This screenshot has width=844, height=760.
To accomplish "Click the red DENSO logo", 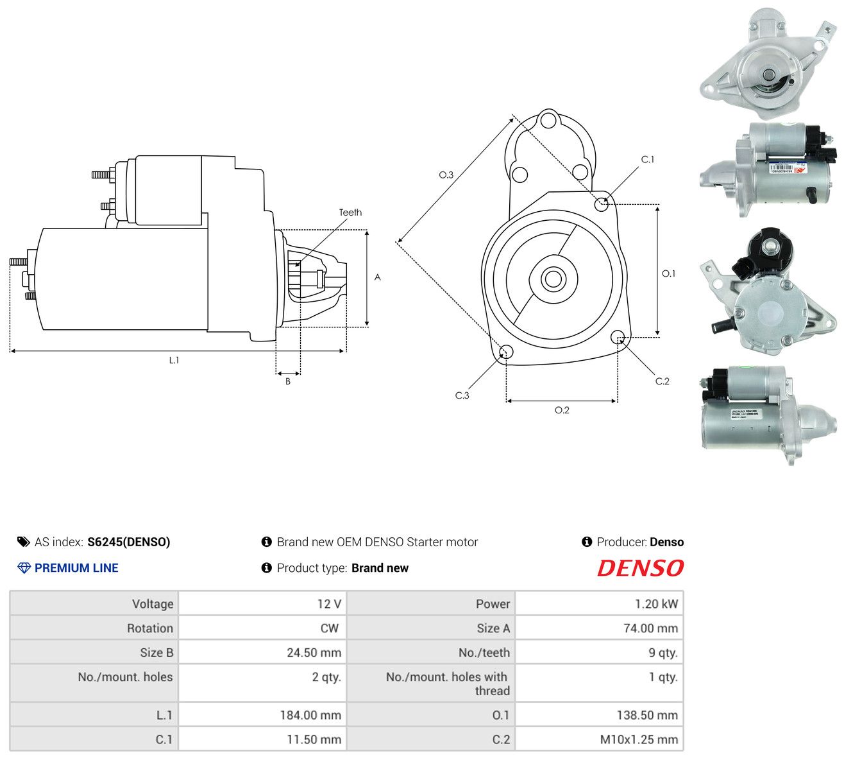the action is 640,568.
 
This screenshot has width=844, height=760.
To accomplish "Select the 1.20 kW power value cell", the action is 600,604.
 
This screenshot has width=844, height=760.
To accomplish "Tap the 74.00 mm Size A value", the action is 650,628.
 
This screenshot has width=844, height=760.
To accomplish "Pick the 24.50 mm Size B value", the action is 314,653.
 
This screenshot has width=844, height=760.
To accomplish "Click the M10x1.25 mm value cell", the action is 600,739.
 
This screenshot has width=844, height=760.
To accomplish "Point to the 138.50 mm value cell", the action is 600,715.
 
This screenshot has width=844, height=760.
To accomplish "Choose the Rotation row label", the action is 150,628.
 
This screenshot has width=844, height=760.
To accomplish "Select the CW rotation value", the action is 330,628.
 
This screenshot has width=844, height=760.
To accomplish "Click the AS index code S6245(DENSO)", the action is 129,542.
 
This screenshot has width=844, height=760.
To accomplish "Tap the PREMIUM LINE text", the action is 76,568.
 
